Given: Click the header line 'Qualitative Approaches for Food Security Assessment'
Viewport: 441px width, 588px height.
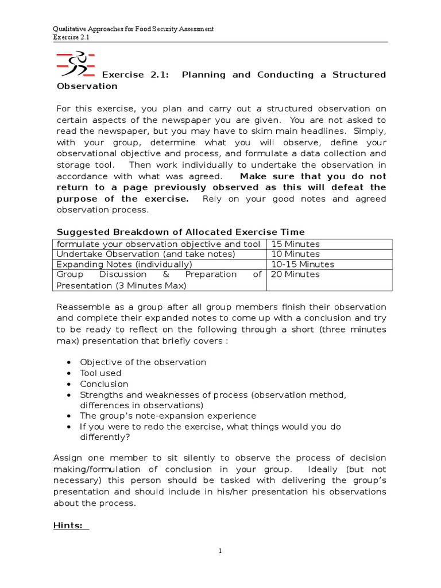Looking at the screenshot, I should pos(133,29).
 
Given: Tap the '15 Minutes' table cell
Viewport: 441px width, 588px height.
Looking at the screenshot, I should pos(296,244).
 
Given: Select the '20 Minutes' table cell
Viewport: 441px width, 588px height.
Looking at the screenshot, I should pos(296,274).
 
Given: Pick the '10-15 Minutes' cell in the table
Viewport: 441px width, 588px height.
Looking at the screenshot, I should pos(303,264).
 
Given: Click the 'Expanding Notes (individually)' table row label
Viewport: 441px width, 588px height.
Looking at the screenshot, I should pos(123,264).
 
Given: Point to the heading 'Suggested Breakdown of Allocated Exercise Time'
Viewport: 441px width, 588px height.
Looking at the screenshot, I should pos(180,232).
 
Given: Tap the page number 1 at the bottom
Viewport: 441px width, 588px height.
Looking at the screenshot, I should pos(220,551).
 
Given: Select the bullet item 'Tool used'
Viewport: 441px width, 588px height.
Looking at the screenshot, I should pos(100,373).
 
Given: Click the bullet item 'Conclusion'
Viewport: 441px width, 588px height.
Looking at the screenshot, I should pos(104,384).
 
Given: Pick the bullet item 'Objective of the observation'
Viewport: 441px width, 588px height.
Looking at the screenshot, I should pos(143,362).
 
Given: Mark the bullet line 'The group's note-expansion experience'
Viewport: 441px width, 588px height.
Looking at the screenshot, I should pos(168,416).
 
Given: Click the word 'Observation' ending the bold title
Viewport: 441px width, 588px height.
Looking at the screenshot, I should pos(87,86).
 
